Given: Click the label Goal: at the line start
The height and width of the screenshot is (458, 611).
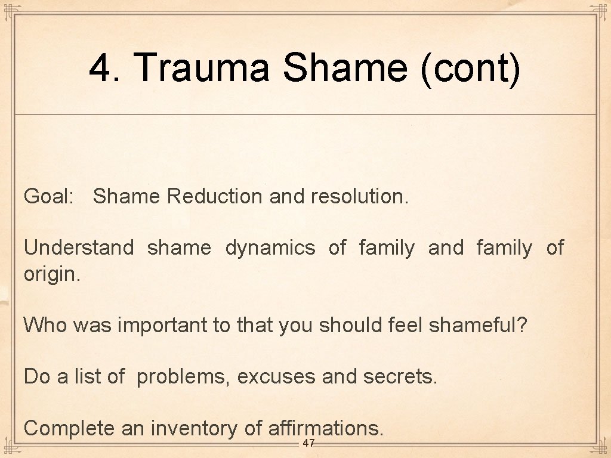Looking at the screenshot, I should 48,196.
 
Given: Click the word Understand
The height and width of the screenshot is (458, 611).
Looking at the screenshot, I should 79,247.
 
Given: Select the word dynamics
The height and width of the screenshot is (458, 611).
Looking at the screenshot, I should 270,247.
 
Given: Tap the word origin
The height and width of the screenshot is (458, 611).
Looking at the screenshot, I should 51,275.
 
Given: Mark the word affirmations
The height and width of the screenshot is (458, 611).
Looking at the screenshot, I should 326,428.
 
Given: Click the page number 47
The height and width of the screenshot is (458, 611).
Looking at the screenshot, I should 308,443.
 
